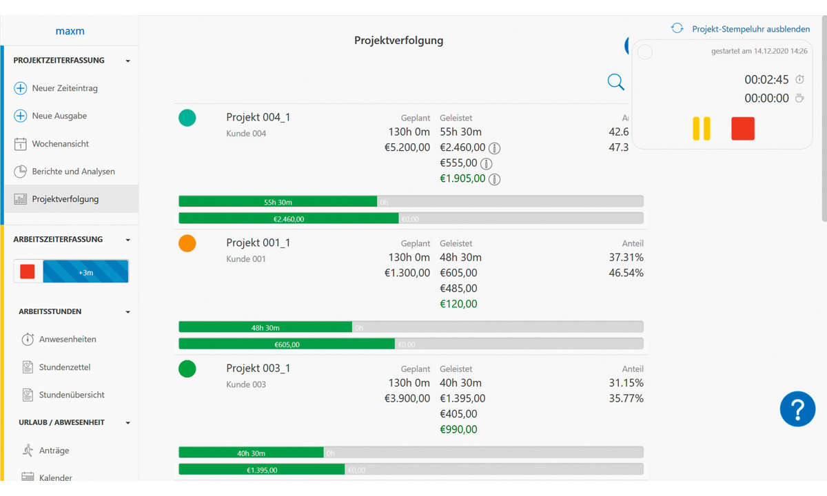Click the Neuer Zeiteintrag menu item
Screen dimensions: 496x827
[64, 88]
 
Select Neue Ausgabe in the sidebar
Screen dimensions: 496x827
[59, 116]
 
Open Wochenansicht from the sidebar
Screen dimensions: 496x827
[60, 144]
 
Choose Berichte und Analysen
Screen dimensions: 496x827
[73, 172]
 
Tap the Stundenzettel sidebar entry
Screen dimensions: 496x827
[64, 367]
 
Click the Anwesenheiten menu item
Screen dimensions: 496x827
[67, 339]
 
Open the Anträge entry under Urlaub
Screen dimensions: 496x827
[54, 451]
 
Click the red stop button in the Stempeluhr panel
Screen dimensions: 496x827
[742, 129]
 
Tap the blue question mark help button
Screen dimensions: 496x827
[797, 409]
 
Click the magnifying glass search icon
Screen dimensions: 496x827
[615, 83]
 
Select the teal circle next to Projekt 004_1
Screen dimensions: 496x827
[187, 118]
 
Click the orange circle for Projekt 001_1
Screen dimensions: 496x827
[187, 243]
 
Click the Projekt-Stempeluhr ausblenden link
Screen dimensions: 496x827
[751, 29]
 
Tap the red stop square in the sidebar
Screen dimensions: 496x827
[28, 271]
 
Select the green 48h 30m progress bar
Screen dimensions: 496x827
[265, 327]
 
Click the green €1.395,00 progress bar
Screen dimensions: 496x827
[262, 470]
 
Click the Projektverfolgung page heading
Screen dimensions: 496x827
[398, 41]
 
